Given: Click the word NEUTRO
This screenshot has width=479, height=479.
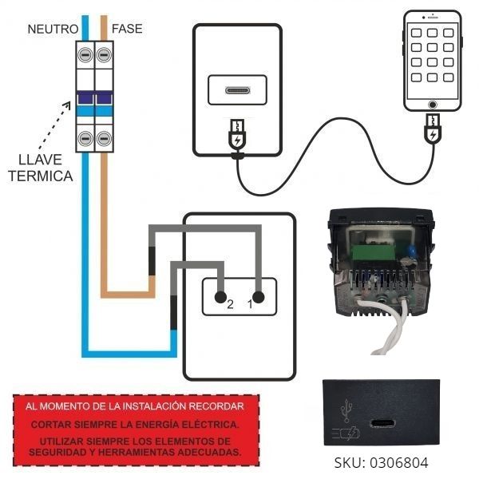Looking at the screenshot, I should [x=52, y=29].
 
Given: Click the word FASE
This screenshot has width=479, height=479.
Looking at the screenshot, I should [x=128, y=29].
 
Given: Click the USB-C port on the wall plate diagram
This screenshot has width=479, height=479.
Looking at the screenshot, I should [x=238, y=89].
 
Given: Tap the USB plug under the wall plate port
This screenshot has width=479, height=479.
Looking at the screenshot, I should [x=237, y=137].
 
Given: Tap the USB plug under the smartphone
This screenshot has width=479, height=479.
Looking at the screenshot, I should [x=433, y=129].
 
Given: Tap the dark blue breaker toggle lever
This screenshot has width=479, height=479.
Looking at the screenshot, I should [x=93, y=98].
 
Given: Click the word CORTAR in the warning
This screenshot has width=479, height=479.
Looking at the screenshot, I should [x=50, y=423].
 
